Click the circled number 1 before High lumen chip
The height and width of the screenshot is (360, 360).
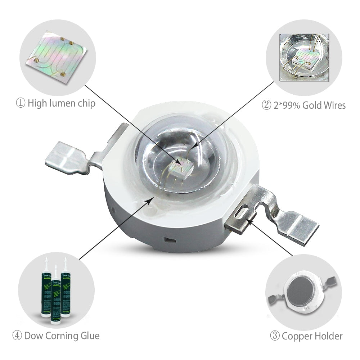pos(21,104)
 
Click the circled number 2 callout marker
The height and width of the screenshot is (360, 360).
pos(266,105)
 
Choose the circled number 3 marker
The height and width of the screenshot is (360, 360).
pos(275,336)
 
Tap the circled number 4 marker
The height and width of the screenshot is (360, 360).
pos(17,336)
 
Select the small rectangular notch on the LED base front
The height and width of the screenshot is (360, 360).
pos(167,239)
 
